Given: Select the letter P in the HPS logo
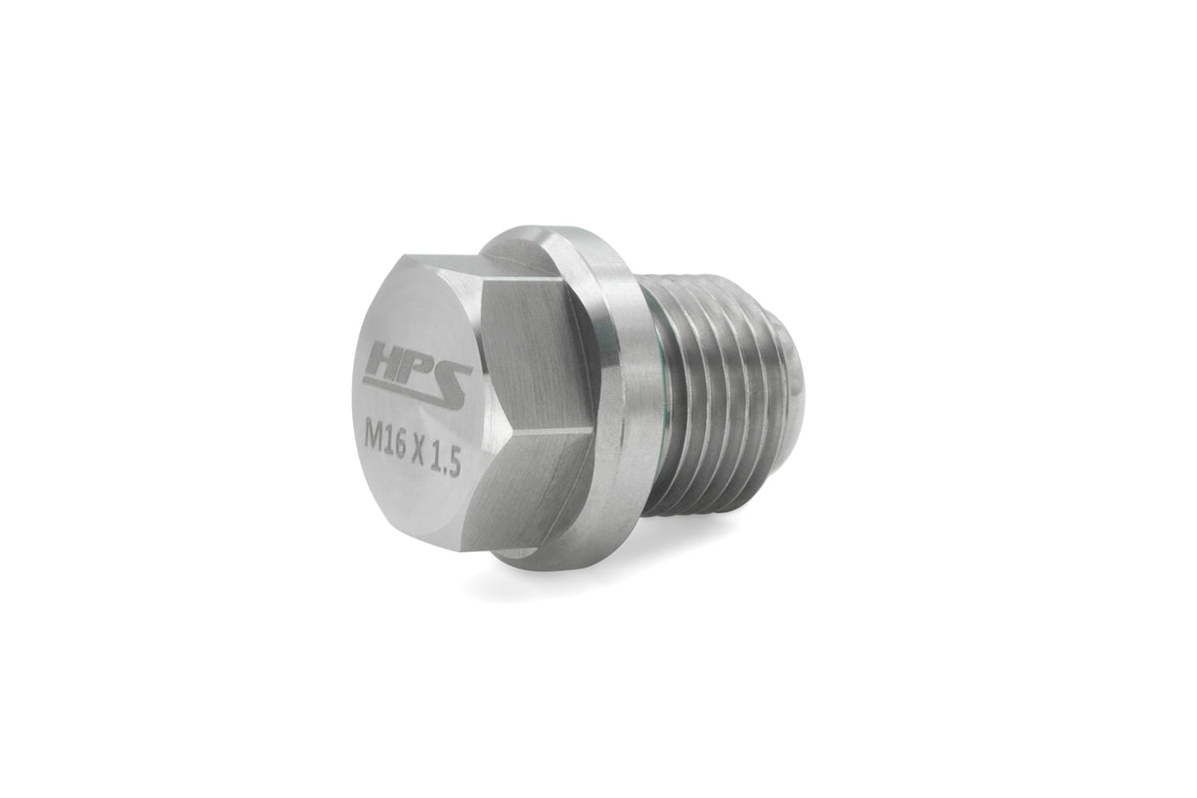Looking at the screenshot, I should (416, 365).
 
